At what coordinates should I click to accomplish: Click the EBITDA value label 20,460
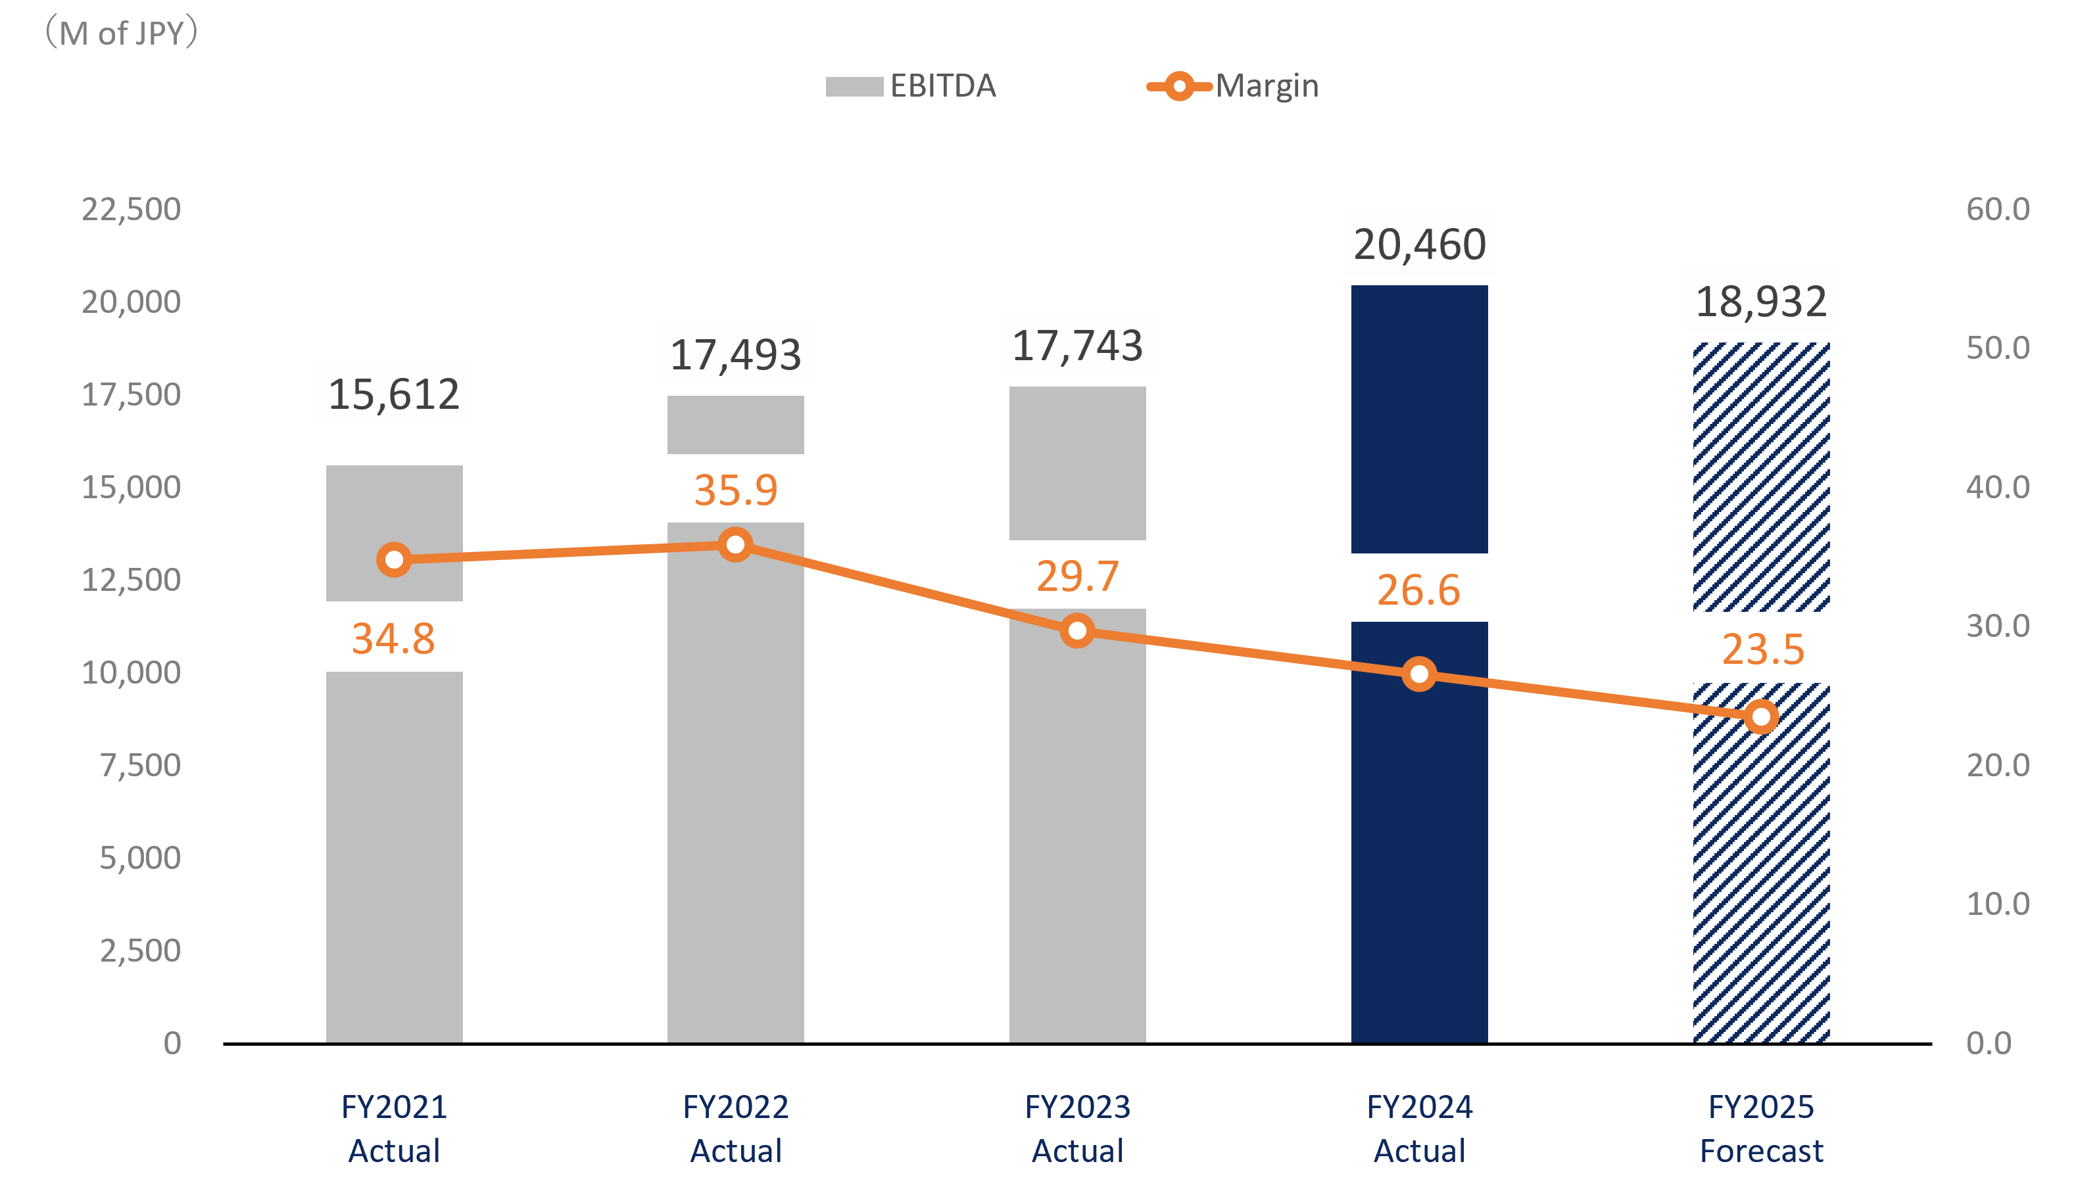click(x=1420, y=244)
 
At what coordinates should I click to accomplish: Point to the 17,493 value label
click(x=735, y=354)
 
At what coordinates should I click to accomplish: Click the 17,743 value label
click(x=1077, y=344)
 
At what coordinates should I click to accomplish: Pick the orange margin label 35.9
click(x=735, y=489)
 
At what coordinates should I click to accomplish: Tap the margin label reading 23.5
click(x=1763, y=648)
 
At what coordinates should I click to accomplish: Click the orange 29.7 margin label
click(x=1077, y=575)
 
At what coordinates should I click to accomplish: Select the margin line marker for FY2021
click(x=395, y=559)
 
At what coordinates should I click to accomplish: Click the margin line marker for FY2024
click(x=1420, y=674)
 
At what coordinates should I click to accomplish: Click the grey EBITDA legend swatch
click(x=854, y=87)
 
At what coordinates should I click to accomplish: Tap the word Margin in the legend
click(x=1267, y=86)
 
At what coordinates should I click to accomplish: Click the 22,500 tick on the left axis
click(x=131, y=210)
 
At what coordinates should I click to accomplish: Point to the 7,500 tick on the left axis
click(x=140, y=765)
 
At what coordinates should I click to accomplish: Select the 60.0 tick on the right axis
click(x=1998, y=210)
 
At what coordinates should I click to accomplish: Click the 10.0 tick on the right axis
click(x=1998, y=904)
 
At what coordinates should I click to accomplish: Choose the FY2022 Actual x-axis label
click(x=735, y=1129)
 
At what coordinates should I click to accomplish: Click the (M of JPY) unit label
click(x=121, y=34)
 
